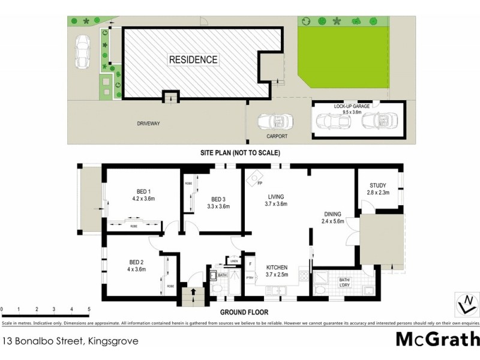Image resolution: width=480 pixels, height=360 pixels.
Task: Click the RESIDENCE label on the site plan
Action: click(193, 59)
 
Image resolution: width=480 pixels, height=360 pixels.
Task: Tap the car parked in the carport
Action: click(274, 122)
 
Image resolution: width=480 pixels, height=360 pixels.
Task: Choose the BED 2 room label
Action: click(137, 262)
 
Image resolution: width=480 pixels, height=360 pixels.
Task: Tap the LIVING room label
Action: click(276, 196)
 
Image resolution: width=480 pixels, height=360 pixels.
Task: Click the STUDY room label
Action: click(378, 185)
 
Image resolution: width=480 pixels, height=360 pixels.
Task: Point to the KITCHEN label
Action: click(277, 267)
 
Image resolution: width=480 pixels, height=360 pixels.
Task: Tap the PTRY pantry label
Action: click(250, 278)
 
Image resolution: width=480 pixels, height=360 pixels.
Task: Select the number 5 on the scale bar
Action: click(89, 310)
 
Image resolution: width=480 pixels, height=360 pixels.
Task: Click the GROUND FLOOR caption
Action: click(244, 313)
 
